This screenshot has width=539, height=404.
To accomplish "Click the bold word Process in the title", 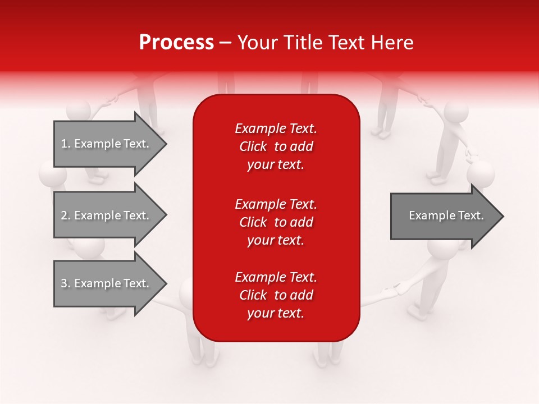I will [x=176, y=43].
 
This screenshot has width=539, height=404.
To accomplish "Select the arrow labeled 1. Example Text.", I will [x=107, y=144].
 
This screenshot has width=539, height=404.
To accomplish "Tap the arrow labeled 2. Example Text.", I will [x=107, y=215].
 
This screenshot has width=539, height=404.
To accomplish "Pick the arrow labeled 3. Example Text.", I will [x=107, y=283].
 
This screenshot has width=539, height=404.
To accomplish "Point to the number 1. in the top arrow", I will [x=65, y=144].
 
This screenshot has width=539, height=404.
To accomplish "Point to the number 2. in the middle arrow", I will [x=65, y=215].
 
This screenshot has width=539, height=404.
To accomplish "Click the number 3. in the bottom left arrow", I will [x=65, y=283].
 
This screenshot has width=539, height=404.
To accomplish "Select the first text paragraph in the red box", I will [x=276, y=146].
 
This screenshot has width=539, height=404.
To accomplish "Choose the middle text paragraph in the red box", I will [x=276, y=222].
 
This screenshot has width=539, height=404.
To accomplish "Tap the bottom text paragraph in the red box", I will [x=276, y=295].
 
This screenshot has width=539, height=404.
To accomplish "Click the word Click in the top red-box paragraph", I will [x=253, y=146].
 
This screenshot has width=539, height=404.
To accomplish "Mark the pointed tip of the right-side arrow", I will [x=503, y=216].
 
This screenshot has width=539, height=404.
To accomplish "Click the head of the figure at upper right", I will [x=456, y=112].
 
